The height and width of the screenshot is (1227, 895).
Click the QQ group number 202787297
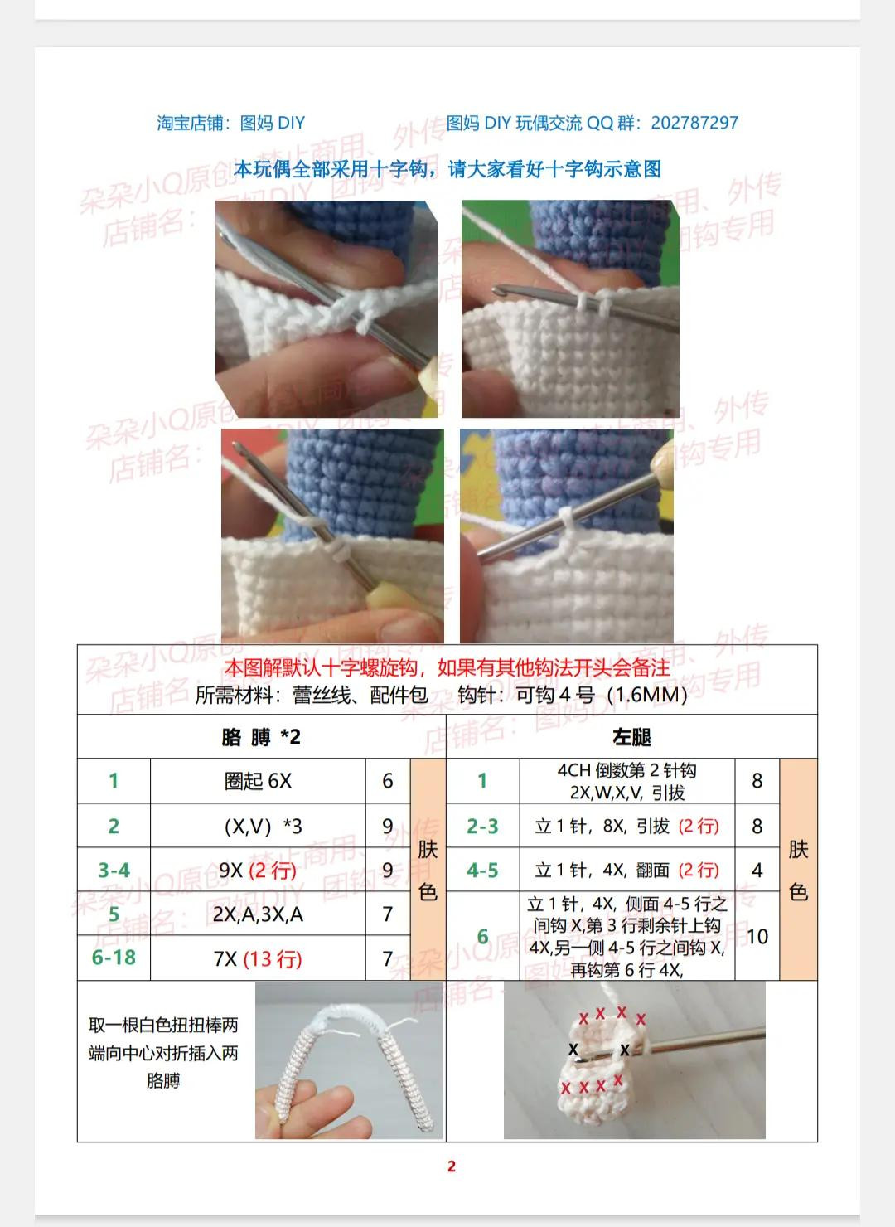694,123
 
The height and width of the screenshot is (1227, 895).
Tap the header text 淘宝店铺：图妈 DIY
231,123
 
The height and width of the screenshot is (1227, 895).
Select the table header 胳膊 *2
261,737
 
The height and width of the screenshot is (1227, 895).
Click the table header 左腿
631,737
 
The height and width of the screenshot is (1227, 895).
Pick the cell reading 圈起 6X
258,781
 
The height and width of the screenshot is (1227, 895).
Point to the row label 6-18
114,958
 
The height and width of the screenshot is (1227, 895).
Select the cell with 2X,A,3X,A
258,914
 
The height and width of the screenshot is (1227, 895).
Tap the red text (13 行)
272,959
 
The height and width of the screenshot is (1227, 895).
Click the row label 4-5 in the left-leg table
482,871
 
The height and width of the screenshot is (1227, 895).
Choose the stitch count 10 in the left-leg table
757,937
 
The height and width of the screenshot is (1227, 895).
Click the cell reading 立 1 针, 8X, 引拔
602,827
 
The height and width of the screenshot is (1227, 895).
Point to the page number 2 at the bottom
452,1166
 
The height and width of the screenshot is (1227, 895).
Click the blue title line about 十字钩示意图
447,169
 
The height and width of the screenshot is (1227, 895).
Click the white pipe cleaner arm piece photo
348,1061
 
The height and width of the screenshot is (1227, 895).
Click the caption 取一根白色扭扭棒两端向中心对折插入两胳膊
163,1053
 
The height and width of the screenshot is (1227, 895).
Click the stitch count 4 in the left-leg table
757,871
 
